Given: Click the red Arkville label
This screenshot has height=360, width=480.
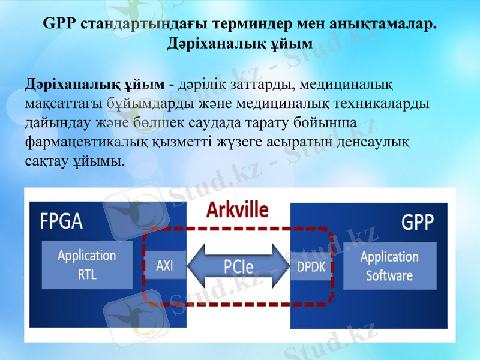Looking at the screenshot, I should tap(238, 209).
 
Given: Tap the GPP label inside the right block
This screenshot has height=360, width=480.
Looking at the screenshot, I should tap(417, 222).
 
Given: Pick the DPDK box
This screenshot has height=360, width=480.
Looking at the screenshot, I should tap(311, 266).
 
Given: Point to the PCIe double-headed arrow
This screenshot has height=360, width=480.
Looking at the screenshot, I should tap(238, 266).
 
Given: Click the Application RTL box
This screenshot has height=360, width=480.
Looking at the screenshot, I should tap(87, 265).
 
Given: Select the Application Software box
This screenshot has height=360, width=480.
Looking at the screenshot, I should tap(389, 266).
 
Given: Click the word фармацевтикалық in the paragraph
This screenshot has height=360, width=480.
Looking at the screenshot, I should tap(83, 143).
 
